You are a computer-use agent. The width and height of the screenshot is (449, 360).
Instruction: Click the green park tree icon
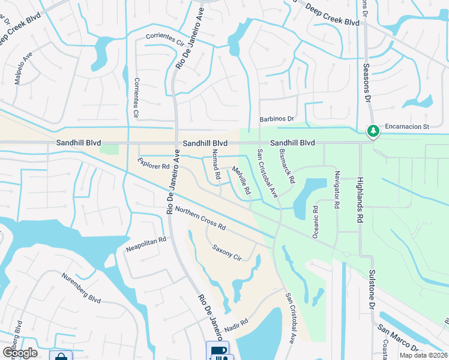click(373, 130)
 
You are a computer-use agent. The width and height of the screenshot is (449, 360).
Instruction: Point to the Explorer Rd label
click(154, 163)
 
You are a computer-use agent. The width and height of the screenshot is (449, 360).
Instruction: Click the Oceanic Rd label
click(315, 222)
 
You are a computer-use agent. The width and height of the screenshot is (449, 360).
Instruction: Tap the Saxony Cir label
click(226, 252)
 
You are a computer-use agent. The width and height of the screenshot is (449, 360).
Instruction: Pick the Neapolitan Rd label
click(145, 244)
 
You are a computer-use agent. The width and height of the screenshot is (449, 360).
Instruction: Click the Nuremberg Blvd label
click(81, 288)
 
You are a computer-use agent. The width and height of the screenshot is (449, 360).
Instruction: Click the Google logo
click(20, 352)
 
